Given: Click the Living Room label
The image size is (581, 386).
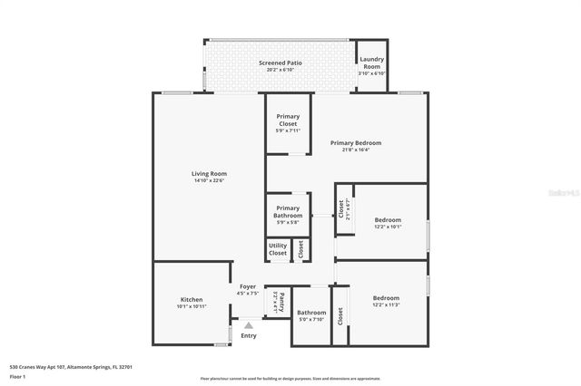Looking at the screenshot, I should tap(209, 173).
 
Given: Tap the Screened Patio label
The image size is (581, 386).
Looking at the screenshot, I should tap(280, 63).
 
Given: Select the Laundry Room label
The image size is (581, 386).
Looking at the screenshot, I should tap(371, 63).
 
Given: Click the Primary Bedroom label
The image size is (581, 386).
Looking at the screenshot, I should tap(355, 142).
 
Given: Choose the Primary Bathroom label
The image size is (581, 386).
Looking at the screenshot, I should tap(287, 211).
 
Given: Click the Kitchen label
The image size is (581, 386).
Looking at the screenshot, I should tap(191, 299).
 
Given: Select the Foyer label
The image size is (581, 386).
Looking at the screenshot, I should tap(248, 287).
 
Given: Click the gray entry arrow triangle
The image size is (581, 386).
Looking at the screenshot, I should tap(248, 324).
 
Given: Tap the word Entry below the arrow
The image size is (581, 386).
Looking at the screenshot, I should tap(248, 335).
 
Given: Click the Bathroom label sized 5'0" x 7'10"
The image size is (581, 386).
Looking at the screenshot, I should tap(311, 313).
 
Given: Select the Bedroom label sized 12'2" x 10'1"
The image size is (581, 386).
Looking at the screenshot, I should tap(388, 219).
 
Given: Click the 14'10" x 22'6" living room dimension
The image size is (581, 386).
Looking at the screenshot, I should tap(209, 180).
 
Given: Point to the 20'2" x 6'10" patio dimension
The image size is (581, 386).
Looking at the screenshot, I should tap(280, 70).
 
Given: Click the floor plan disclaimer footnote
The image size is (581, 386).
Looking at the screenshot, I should tap(290, 379).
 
